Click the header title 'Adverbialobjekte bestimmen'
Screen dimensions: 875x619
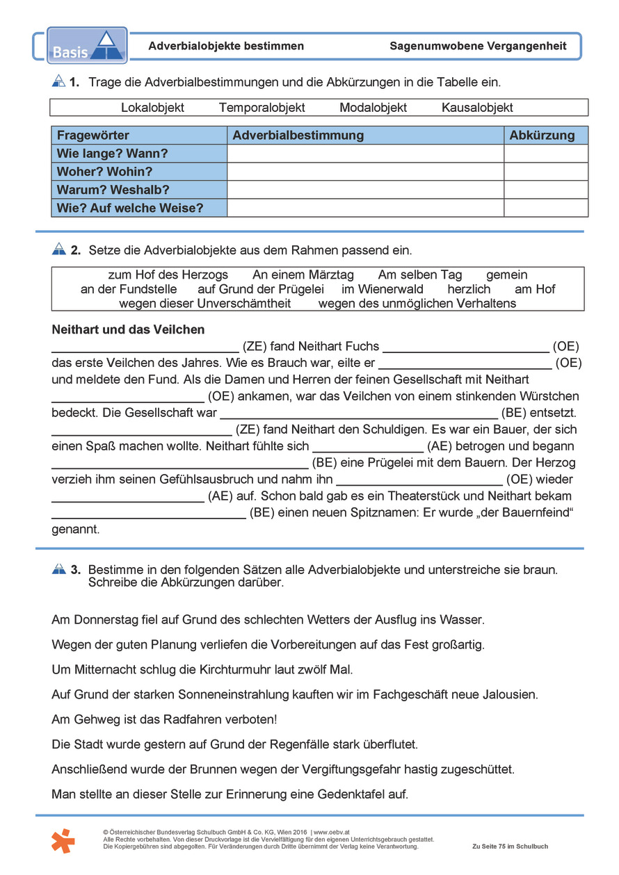pos(226,47)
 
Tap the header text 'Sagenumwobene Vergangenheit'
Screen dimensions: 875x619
pos(478,47)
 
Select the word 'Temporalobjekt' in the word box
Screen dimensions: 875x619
pos(262,108)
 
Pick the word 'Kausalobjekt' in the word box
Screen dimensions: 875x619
pos(477,108)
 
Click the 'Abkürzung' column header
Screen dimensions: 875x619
pos(542,136)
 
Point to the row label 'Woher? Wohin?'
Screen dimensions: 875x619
pos(104,172)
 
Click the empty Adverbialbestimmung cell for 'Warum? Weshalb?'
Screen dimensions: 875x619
pos(365,190)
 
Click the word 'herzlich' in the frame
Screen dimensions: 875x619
pos(469,289)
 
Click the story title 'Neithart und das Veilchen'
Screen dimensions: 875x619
pos(128,329)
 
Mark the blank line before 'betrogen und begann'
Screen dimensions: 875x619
pos(368,447)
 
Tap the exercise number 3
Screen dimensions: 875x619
pos(75,570)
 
